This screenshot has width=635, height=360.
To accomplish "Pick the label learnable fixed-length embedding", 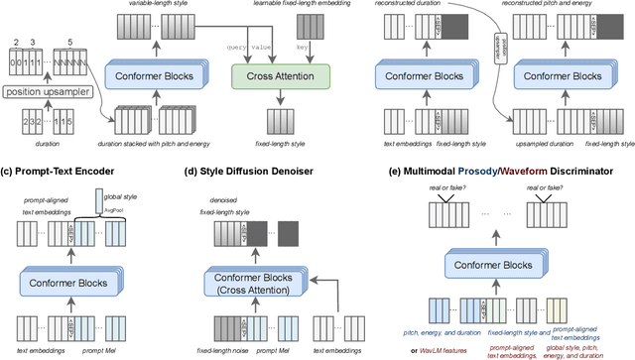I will pyautogui.click(x=282, y=6).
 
